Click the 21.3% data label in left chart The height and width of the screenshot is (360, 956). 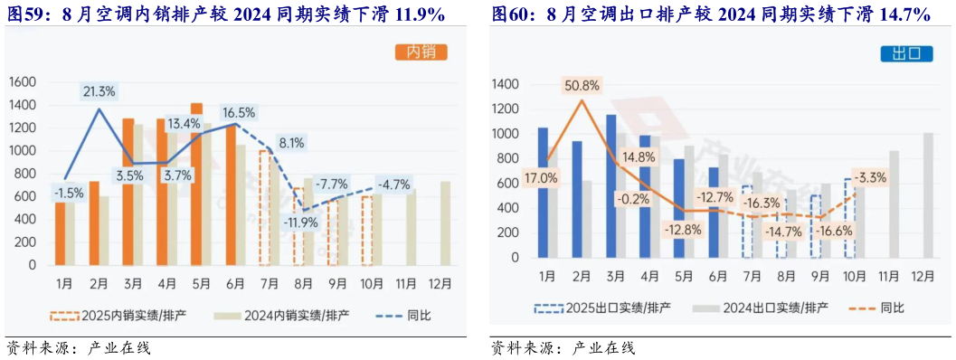coord(99,91)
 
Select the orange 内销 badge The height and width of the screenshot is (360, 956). coord(421,52)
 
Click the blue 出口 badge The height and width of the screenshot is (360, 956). coord(905,53)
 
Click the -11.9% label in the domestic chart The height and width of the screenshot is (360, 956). coord(302,222)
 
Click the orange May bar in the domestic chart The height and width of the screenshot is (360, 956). coord(197,185)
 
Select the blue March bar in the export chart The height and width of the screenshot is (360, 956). coord(611,185)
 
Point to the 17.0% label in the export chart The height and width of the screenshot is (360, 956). coord(541,178)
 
